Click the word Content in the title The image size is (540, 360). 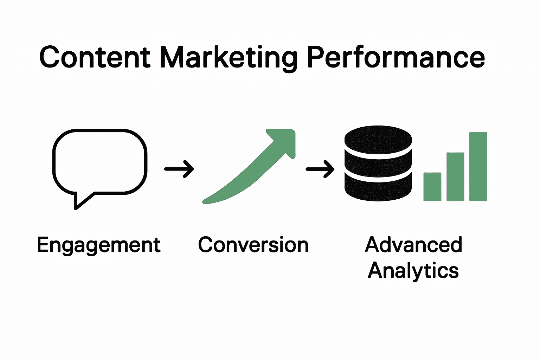95,57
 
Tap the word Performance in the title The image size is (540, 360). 396,57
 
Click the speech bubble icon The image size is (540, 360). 99,162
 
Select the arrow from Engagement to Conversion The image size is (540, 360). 179,169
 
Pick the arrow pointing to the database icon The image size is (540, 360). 320,169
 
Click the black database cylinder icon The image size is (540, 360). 378,163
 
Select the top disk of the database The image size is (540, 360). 378,140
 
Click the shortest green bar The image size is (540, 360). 432,187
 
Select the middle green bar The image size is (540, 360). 455,176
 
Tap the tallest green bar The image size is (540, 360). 478,166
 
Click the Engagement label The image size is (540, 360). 99,245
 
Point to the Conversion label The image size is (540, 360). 253,245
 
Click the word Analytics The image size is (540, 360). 413,271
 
